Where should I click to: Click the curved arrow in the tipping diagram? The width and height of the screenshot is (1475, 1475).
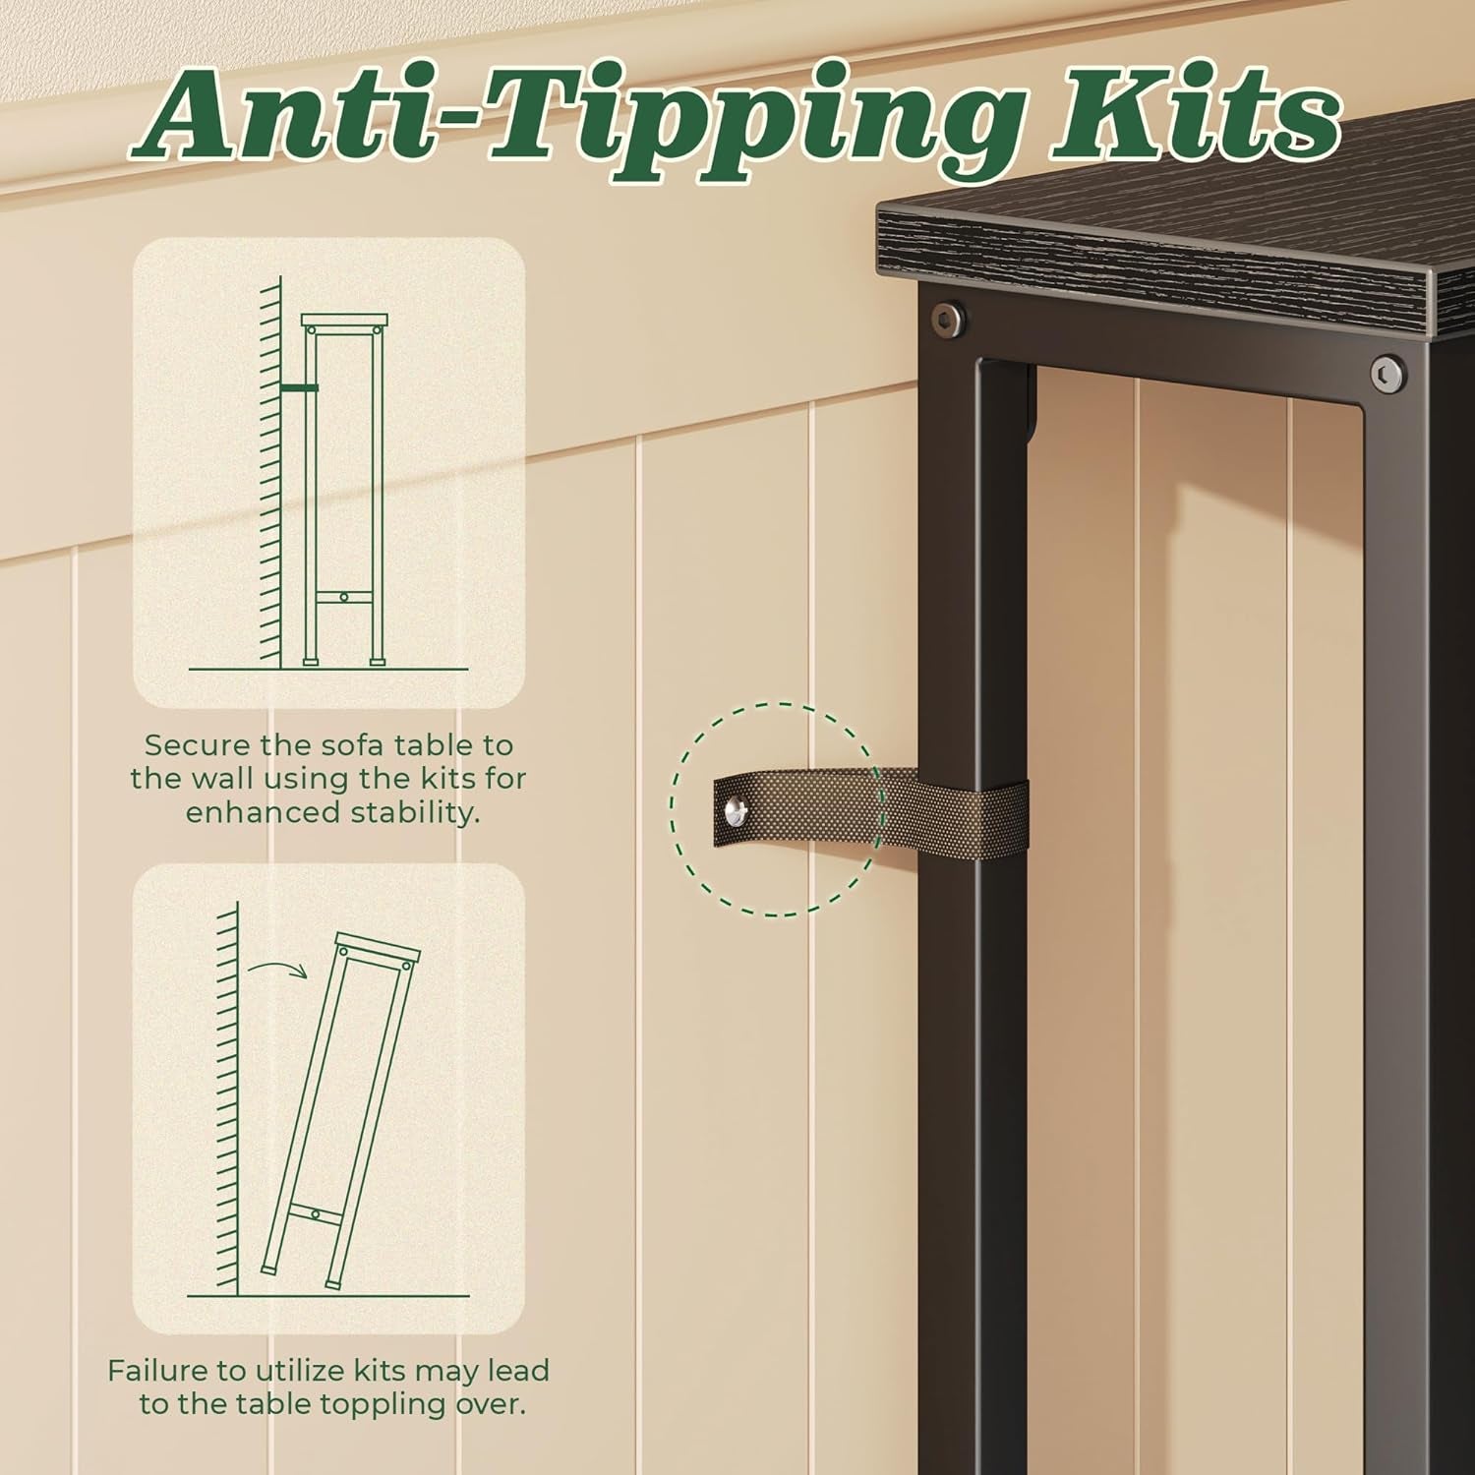click(278, 973)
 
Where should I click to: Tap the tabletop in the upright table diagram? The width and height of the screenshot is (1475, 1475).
click(344, 322)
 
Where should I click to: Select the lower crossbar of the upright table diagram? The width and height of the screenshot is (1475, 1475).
click(343, 597)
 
